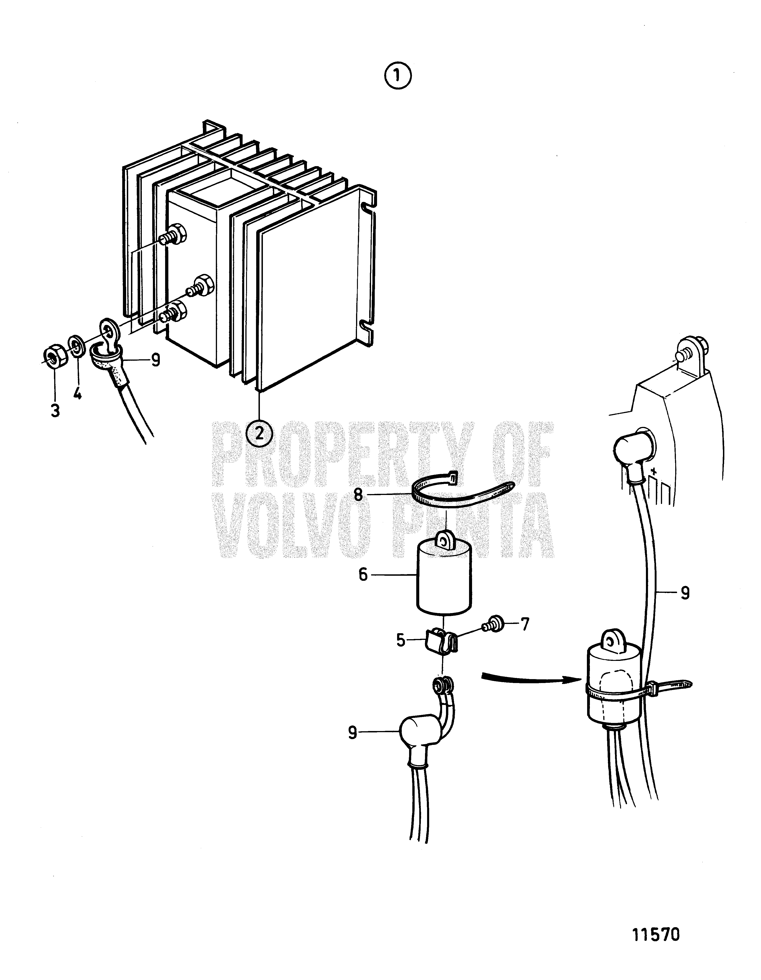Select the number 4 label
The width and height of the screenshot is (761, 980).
(x=77, y=394)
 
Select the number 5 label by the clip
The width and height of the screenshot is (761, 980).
(x=401, y=640)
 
